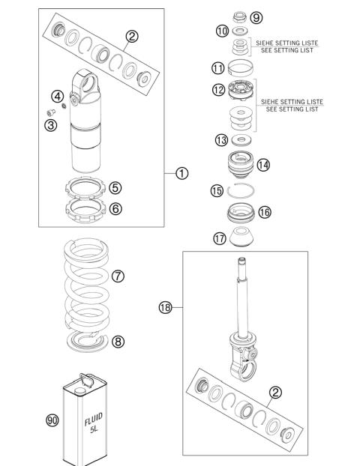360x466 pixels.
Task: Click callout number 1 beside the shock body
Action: (x=181, y=174)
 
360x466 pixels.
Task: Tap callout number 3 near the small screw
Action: (x=50, y=125)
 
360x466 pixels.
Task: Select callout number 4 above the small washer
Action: (x=57, y=96)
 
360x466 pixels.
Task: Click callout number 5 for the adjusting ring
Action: (x=115, y=188)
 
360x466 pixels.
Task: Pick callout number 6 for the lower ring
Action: (x=115, y=209)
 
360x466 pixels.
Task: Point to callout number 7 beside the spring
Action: (x=118, y=276)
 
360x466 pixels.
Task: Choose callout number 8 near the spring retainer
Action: (x=118, y=342)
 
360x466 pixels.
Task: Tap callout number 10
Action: (x=221, y=31)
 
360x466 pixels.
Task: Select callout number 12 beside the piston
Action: (x=218, y=90)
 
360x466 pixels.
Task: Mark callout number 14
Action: (x=263, y=165)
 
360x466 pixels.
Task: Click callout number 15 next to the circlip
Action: (x=217, y=191)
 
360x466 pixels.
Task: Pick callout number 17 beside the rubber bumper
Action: (x=219, y=239)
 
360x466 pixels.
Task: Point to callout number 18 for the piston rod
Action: (x=165, y=306)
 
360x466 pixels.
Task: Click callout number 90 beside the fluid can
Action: (x=52, y=421)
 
